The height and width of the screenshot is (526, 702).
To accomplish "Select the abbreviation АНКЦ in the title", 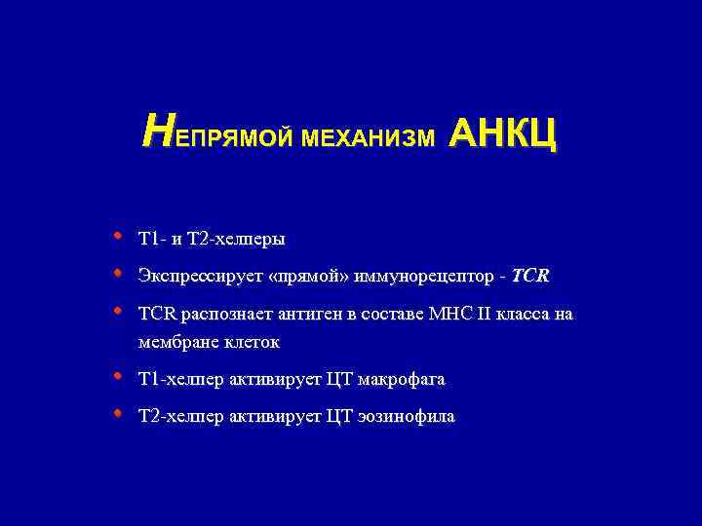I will [502, 136].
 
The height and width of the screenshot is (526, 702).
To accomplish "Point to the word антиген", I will [302, 315].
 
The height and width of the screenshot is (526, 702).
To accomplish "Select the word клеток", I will [251, 342].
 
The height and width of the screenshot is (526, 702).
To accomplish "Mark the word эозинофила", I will [408, 417].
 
